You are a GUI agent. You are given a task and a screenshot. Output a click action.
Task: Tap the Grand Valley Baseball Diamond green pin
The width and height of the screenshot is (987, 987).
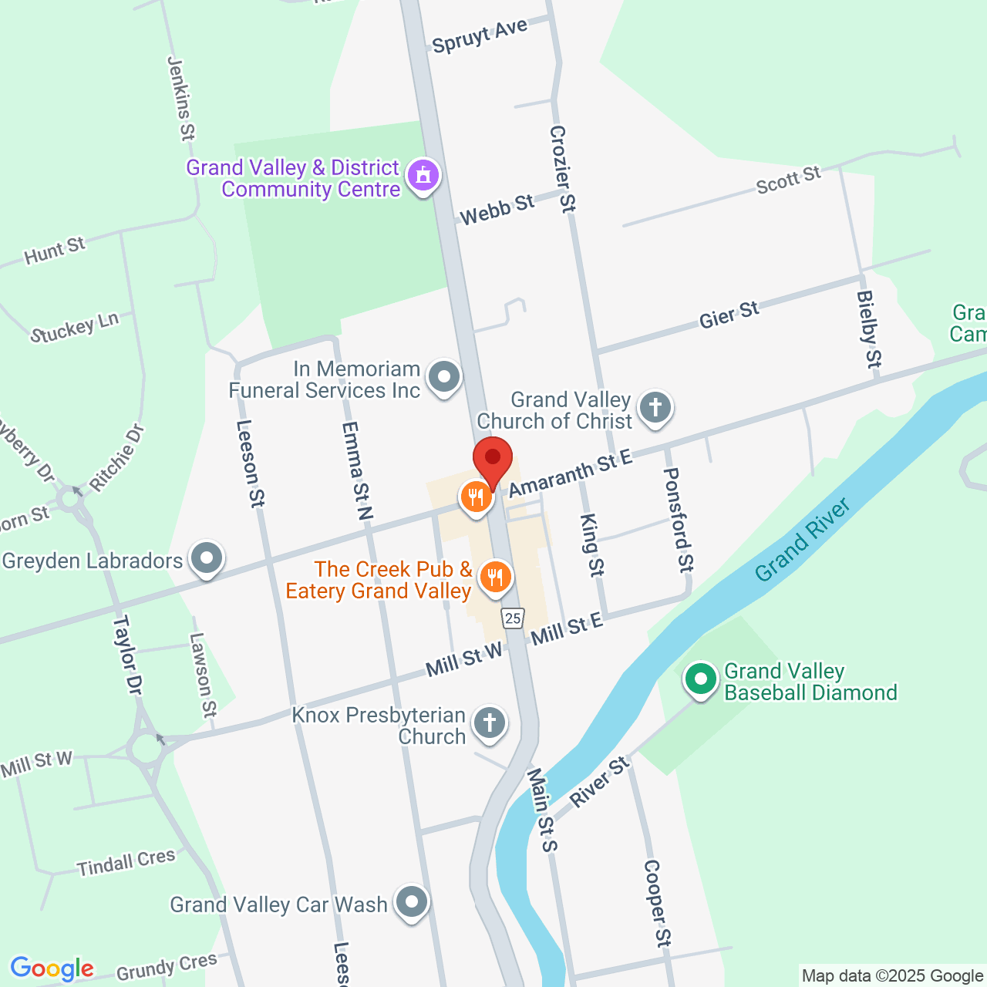[x=701, y=680]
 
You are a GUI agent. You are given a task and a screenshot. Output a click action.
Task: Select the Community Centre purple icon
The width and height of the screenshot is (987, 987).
[x=423, y=176]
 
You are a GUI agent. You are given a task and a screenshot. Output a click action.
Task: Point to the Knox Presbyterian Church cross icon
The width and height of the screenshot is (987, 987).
[x=489, y=723]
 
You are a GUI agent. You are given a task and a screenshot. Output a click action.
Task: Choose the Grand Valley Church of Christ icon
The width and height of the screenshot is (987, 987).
[x=655, y=406]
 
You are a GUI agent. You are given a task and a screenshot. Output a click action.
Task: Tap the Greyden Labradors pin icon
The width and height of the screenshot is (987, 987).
[x=207, y=558]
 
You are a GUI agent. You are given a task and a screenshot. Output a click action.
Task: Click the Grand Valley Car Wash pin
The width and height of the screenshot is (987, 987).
[x=411, y=901]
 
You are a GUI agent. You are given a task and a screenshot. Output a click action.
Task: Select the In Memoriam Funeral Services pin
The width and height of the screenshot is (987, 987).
[x=443, y=378]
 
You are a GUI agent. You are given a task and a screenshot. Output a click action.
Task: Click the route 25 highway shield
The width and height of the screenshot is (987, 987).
[x=513, y=618]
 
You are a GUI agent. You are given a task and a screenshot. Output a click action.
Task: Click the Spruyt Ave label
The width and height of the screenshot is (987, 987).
[x=480, y=36]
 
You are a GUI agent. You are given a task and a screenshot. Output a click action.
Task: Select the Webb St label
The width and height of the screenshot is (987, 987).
[x=497, y=209]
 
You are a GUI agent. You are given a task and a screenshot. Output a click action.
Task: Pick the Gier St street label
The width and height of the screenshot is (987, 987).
[x=729, y=315]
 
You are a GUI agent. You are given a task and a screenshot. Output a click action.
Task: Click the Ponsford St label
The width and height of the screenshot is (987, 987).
[x=679, y=520]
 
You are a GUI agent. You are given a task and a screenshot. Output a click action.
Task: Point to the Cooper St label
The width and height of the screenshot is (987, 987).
[x=657, y=903]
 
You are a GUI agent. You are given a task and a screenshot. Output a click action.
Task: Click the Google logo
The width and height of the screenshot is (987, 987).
[x=52, y=968]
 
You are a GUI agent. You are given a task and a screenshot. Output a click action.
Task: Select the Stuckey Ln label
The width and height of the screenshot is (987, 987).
[x=75, y=328]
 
